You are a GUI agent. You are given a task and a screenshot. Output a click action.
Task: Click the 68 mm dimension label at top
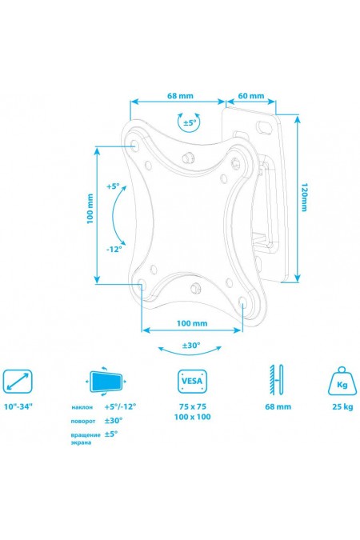pos(180,96)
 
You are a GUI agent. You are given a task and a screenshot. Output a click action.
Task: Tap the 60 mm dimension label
pos(250,96)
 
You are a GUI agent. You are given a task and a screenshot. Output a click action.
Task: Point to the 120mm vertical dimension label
pos(304,197)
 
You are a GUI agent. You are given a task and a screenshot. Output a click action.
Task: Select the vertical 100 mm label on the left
pos(90,209)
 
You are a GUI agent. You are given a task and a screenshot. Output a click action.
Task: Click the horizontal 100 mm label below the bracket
pos(192,323)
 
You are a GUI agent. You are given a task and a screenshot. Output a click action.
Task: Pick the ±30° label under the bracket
pos(191,345)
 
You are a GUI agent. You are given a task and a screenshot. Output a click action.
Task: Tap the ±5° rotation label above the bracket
pos(189,122)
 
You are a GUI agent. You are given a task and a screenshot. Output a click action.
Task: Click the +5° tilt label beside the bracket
pos(112,186)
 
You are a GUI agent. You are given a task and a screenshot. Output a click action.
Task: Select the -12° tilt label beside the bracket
pos(114,249)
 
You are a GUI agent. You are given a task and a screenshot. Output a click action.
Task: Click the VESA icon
pos(192,382)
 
